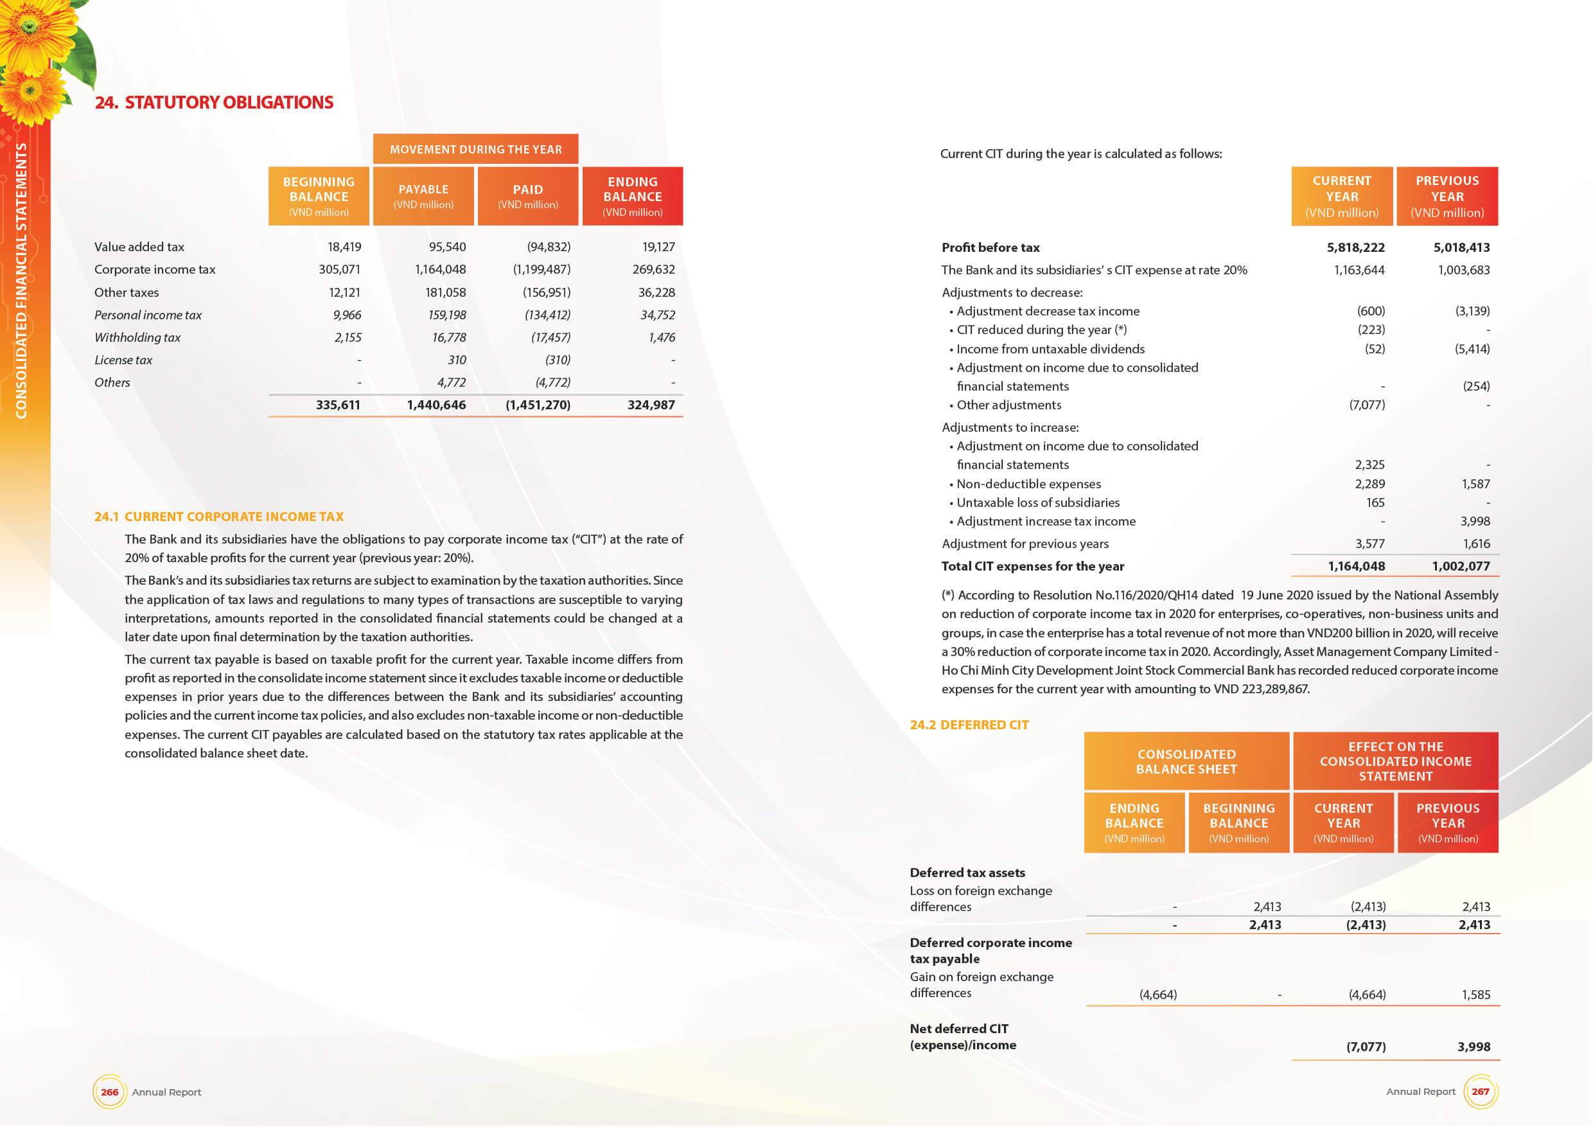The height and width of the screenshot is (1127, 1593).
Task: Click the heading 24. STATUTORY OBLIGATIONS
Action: tap(214, 103)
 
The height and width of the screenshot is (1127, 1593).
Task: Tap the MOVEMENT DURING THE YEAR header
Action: tap(475, 149)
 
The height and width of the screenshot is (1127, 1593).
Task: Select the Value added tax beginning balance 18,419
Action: tap(344, 247)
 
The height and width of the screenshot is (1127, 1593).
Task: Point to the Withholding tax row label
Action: tap(137, 337)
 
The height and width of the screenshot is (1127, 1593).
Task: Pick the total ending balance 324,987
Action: tap(651, 405)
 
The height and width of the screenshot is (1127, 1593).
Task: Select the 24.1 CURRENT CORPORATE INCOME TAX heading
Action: tap(219, 517)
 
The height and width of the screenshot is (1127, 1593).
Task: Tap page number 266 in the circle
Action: tap(110, 1092)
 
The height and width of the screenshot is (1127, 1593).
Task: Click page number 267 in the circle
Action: tap(1480, 1091)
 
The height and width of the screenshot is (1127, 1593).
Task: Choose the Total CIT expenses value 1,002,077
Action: tap(1461, 566)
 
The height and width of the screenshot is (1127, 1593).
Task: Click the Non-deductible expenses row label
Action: tap(1028, 484)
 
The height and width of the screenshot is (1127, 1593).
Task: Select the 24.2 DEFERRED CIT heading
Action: tap(969, 725)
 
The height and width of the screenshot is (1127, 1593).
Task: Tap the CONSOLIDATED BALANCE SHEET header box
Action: tap(1186, 761)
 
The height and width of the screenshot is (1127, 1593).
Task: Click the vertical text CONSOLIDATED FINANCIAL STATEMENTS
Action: tap(21, 280)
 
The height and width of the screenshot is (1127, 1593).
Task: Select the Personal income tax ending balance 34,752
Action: tap(657, 315)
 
